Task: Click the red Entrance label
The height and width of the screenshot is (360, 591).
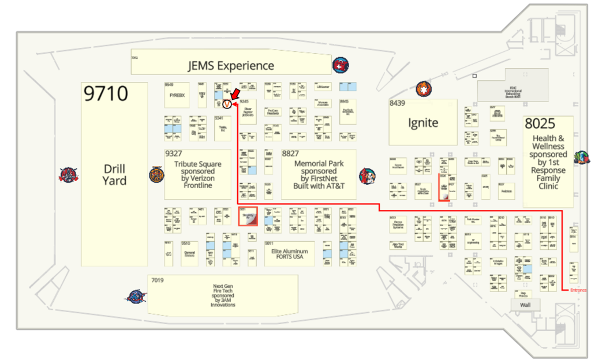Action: click(578, 290)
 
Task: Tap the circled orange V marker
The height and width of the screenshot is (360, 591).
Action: click(227, 104)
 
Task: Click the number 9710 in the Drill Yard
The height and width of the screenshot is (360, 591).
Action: click(106, 93)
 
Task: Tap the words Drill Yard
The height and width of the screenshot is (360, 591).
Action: click(114, 175)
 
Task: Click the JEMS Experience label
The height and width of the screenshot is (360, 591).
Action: click(231, 66)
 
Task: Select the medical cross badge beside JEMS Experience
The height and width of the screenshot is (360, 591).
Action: click(341, 65)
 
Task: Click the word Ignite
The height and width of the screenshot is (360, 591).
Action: click(423, 122)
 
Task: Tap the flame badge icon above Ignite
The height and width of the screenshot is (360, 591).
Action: click(424, 89)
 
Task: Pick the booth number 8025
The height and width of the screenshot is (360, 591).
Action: click(540, 123)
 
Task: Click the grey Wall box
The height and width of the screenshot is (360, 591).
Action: click(525, 304)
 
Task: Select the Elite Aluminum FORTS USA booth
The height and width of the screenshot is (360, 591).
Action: click(290, 254)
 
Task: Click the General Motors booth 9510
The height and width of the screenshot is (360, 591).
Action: click(189, 253)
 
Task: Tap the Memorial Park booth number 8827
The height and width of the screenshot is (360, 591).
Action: click(290, 154)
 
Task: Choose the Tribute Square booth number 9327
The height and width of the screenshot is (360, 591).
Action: click(174, 154)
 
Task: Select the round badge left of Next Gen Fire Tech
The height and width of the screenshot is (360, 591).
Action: click(136, 297)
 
